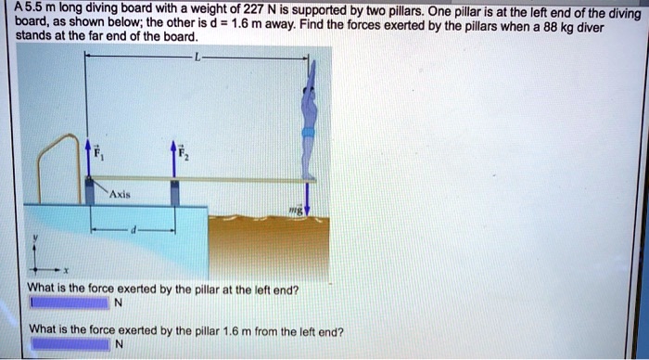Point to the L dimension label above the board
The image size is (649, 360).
pos(197,57)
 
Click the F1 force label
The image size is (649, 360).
pos(105,153)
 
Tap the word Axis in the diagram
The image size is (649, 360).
pos(118,196)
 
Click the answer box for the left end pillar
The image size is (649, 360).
pos(70,302)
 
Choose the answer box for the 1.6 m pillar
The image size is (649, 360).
pos(70,343)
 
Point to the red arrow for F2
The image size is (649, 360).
pos(172,160)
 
